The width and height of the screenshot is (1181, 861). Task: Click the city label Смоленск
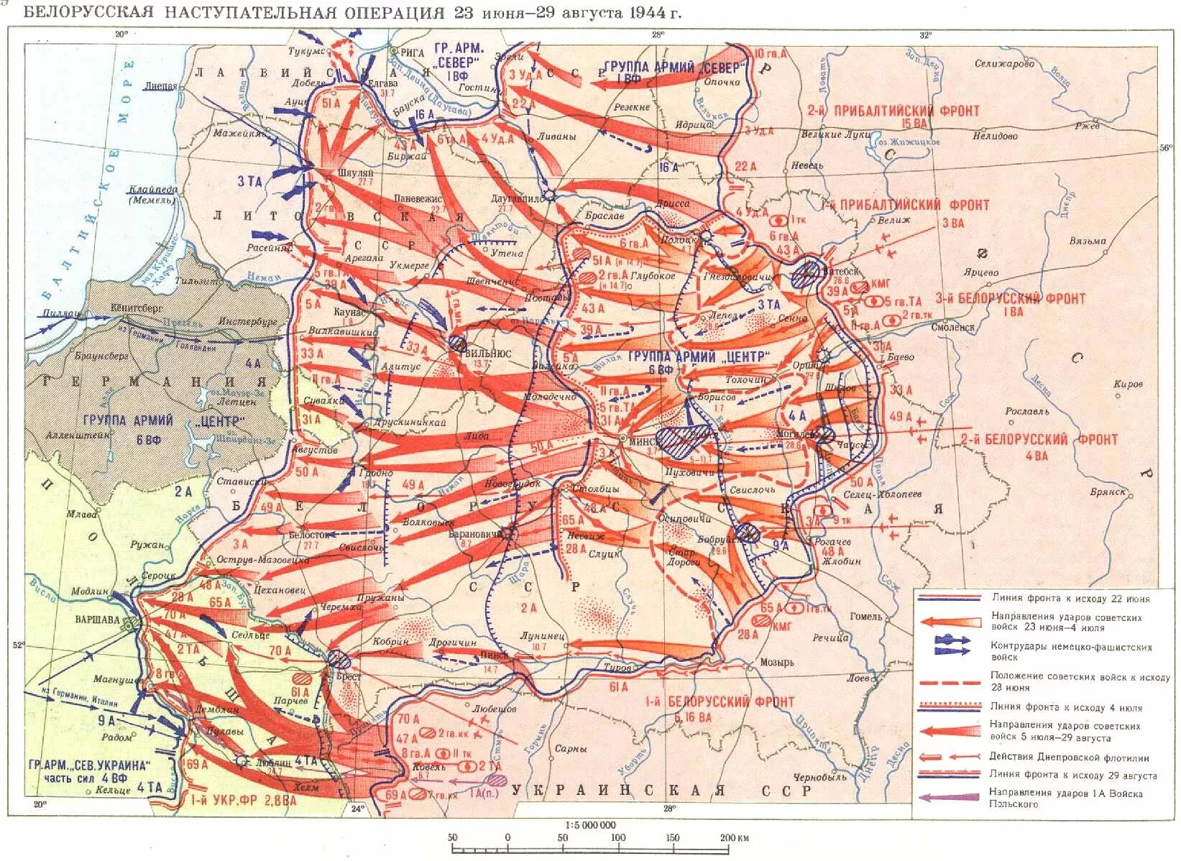[952, 327]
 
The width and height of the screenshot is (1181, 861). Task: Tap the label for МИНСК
[640, 444]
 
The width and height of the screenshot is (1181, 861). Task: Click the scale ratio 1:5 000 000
[591, 825]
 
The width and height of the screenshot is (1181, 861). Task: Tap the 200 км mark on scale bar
[733, 837]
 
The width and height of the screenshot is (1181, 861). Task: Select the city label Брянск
[1107, 492]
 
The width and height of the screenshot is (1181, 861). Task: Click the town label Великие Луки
[835, 134]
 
